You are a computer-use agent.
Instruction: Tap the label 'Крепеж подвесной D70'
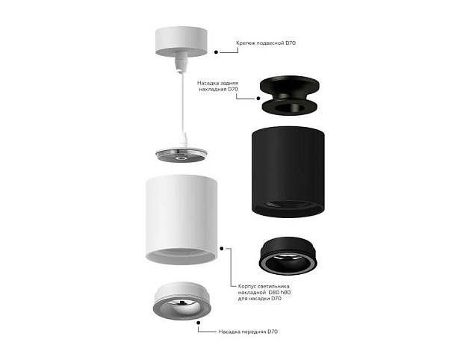266,43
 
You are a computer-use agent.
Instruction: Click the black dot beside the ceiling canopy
216,52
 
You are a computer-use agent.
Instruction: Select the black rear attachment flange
290,95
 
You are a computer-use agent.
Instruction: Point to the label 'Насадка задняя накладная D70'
218,86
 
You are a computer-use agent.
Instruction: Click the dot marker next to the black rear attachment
258,99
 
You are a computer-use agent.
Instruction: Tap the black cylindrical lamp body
288,172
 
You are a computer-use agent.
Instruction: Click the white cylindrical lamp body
181,219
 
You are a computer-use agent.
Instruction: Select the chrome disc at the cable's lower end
181,155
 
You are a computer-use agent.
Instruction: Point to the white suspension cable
183,102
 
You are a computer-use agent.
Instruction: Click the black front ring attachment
288,255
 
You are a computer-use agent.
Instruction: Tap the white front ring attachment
182,301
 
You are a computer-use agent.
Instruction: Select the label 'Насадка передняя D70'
248,332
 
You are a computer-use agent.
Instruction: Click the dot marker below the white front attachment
199,323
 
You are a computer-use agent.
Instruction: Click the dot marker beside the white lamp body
222,249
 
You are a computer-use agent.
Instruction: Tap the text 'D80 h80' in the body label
279,292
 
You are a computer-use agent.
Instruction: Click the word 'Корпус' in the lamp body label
247,286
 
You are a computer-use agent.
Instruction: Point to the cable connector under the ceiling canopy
181,61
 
